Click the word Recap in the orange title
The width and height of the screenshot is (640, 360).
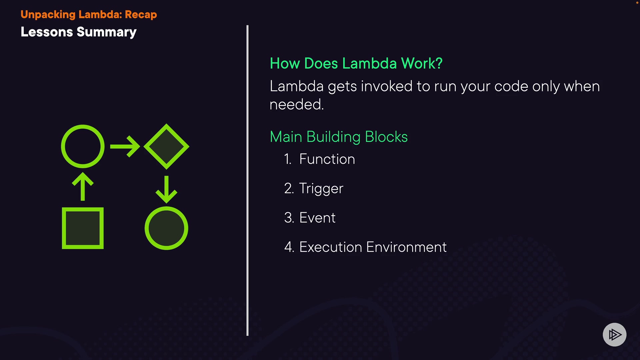pyautogui.click(x=141, y=15)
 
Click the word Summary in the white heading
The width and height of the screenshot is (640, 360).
pyautogui.click(x=106, y=32)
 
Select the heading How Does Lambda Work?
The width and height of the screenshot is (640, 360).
pyautogui.click(x=356, y=63)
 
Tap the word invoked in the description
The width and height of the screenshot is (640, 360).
pyautogui.click(x=387, y=86)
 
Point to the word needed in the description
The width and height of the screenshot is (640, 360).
pyautogui.click(x=296, y=105)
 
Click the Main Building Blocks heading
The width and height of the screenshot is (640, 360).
pyautogui.click(x=339, y=137)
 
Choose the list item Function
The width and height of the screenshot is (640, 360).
pyautogui.click(x=327, y=159)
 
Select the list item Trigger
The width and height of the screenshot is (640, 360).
pyautogui.click(x=321, y=189)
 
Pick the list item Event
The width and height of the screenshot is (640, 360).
pyautogui.click(x=317, y=218)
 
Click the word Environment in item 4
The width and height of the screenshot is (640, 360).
pyautogui.click(x=406, y=247)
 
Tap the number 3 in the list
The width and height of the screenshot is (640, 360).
pyautogui.click(x=289, y=218)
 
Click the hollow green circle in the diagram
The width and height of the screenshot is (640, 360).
pyautogui.click(x=83, y=146)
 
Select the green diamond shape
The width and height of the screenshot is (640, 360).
pyautogui.click(x=166, y=146)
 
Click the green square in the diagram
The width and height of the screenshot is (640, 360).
pyautogui.click(x=83, y=228)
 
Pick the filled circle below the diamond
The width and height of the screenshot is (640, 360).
pyautogui.click(x=166, y=228)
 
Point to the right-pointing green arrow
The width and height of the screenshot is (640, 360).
pyautogui.click(x=125, y=146)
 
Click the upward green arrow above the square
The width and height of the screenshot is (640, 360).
pyautogui.click(x=83, y=187)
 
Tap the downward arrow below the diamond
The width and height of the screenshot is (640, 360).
pyautogui.click(x=166, y=189)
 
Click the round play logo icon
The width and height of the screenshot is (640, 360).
pyautogui.click(x=614, y=334)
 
